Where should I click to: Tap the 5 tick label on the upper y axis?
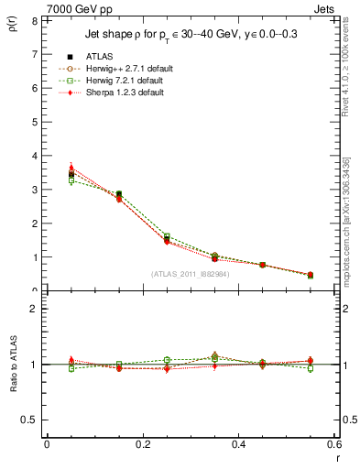pos(33,123)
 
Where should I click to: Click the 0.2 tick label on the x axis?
pos(143,444)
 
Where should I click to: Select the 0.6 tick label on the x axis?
pos(335,444)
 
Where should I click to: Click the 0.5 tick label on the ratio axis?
pos(30,420)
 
